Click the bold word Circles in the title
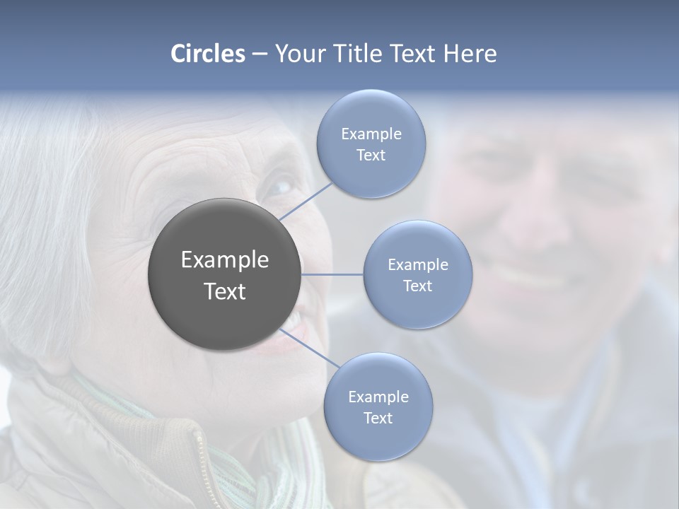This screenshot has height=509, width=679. [207, 54]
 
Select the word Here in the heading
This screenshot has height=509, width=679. [470, 54]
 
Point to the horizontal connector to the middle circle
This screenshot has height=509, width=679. [332, 274]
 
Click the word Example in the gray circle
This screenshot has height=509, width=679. [224, 260]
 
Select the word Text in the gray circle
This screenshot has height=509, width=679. [224, 291]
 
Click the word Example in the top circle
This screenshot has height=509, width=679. [371, 134]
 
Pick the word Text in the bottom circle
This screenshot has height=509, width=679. [378, 418]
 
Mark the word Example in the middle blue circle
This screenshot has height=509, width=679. [418, 265]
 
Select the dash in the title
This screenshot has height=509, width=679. [259, 54]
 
